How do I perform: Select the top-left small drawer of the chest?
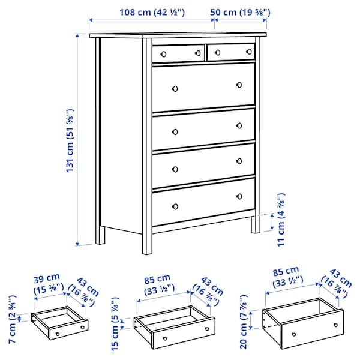pos(178,53)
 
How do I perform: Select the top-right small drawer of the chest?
pos(230,53)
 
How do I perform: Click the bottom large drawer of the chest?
pos(203,201)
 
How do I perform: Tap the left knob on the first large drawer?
pos(175,89)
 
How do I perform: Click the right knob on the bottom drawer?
pos(239,196)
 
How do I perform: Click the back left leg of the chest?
pos(100,234)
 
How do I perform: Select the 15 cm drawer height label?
pos(115,323)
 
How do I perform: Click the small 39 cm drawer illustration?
pos(59,325)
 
